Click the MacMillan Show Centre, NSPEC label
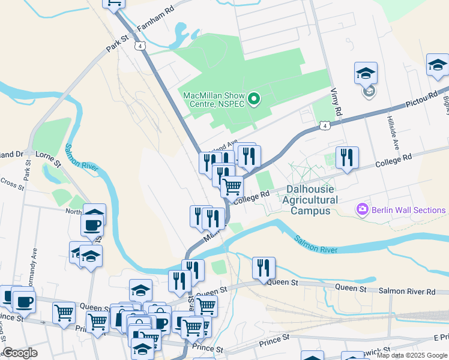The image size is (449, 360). pyautogui.click(x=214, y=100)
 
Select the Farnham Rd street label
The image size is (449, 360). pyautogui.click(x=155, y=19)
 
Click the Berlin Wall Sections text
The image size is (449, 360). pyautogui.click(x=408, y=210)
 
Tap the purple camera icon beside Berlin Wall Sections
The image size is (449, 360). pyautogui.click(x=363, y=210)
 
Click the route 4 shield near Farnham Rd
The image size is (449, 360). pyautogui.click(x=139, y=46)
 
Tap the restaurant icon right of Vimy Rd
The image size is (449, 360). pyautogui.click(x=347, y=158)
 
